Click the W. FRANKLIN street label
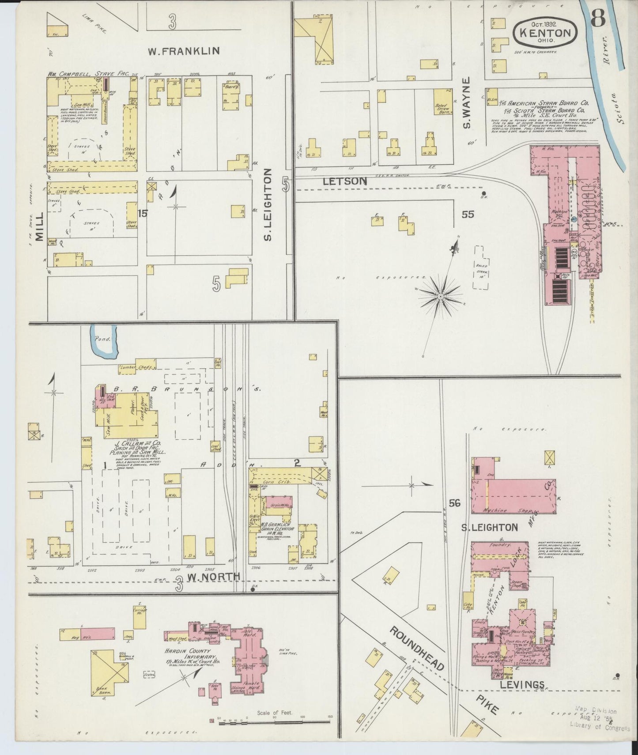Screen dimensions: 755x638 point(183,51)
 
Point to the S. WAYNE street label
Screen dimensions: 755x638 point(468,103)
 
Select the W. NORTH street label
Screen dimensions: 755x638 point(213,576)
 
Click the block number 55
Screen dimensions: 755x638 point(468,214)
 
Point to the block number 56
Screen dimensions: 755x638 point(455,503)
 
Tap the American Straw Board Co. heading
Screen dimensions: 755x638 point(546,101)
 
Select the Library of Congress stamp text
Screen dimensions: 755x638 point(600,725)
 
